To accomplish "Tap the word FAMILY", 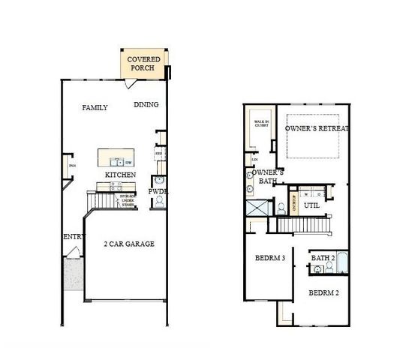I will click(95, 108).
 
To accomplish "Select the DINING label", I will click(146, 105).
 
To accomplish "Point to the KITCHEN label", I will click(120, 175).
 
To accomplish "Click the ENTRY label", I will click(72, 237).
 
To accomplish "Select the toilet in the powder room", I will click(158, 201).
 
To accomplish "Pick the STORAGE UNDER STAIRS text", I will click(128, 199).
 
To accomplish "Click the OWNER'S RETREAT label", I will click(317, 129).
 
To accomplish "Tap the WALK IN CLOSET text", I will click(261, 124).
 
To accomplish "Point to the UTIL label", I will click(311, 204).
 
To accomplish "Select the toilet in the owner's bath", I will click(279, 208).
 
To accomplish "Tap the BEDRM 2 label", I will click(324, 292).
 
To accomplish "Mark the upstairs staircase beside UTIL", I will click(304, 223).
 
